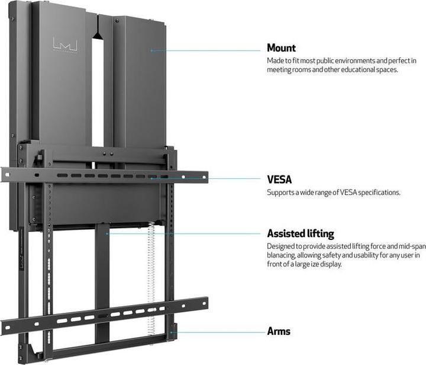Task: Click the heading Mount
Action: pos(281,48)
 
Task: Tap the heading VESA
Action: pos(279,178)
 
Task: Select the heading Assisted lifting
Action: pos(300,233)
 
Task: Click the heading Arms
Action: pos(279,331)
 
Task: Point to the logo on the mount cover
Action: pos(62,45)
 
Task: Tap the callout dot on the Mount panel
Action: pos(151,50)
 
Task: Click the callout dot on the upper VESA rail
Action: pos(151,177)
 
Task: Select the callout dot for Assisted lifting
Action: pos(106,233)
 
